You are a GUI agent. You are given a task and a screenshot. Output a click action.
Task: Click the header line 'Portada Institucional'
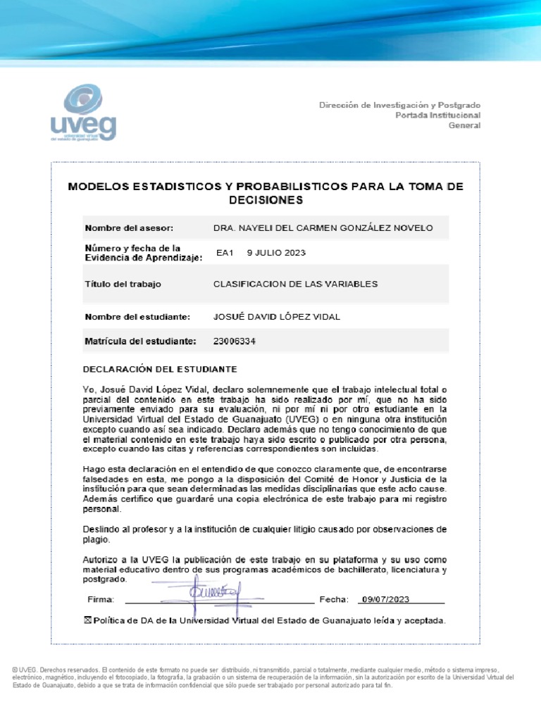(x=437, y=115)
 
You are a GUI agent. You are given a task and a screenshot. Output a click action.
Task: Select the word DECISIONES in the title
(x=265, y=200)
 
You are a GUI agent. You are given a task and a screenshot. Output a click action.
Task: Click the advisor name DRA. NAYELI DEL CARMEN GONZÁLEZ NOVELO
(x=323, y=228)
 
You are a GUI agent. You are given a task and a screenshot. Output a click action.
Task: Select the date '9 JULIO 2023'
(x=276, y=253)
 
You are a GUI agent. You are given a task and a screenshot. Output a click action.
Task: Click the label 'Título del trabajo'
(x=123, y=284)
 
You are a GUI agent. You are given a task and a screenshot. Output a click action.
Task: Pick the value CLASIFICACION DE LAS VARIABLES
(x=295, y=284)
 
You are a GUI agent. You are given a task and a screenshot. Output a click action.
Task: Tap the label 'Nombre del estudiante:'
(x=138, y=317)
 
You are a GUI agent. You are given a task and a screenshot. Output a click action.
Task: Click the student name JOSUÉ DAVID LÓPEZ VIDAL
(x=276, y=317)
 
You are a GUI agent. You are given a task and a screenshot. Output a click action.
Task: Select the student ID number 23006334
(x=234, y=341)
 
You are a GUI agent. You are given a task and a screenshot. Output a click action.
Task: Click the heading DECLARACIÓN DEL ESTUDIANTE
(x=160, y=369)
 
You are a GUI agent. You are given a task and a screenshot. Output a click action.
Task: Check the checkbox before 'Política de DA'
(x=87, y=620)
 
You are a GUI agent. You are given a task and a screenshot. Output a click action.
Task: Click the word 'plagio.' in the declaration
(x=97, y=540)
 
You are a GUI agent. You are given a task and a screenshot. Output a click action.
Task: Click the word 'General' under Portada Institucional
(x=465, y=125)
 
